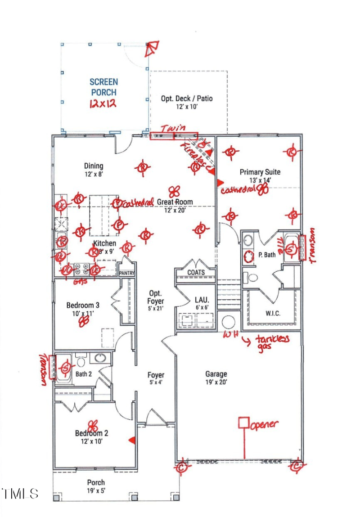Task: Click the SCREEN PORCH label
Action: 103,87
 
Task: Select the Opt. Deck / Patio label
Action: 187,99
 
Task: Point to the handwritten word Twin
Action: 174,128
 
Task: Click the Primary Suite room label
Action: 260,172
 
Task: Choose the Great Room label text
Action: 175,202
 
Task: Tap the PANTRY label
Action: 126,273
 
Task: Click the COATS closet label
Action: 196,273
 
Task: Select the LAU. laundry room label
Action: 201,300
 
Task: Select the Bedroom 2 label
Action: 91,433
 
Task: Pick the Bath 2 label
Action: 83,373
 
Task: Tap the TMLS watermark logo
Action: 20,493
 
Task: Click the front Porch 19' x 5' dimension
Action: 96,491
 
